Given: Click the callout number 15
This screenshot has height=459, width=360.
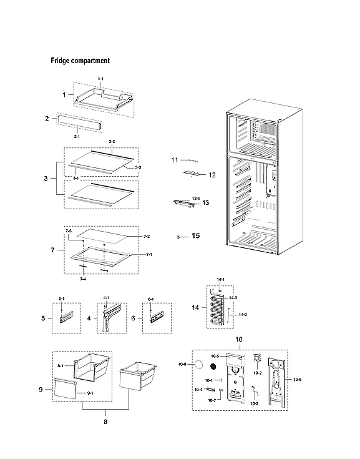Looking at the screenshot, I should pyautogui.click(x=195, y=237).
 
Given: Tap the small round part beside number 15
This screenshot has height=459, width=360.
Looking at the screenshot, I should pyautogui.click(x=178, y=237).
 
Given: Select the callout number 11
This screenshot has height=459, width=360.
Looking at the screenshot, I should pyautogui.click(x=175, y=160).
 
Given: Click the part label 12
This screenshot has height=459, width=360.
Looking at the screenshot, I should pyautogui.click(x=212, y=175).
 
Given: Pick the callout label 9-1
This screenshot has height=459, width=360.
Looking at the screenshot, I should pyautogui.click(x=90, y=393).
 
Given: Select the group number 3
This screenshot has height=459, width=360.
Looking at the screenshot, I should pyautogui.click(x=46, y=179).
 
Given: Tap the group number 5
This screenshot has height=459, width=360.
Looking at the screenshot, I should pyautogui.click(x=43, y=318).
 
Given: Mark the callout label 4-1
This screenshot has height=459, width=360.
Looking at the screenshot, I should pyautogui.click(x=106, y=298).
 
